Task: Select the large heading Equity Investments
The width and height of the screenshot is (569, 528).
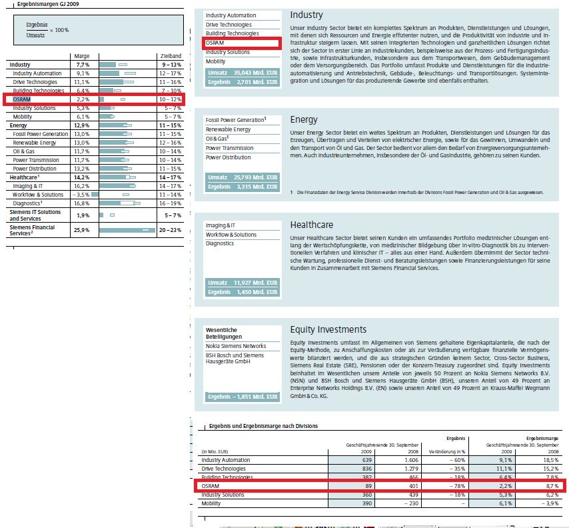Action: pos(328,329)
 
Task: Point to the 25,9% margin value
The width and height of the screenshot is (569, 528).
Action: pos(83,230)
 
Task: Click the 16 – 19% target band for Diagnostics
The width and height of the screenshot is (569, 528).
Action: pos(171,203)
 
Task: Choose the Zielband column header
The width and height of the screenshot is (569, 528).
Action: pos(170,57)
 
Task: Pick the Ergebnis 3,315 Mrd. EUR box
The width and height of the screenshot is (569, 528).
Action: pos(242,187)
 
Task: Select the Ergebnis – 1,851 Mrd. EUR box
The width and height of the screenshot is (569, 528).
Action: pos(242,397)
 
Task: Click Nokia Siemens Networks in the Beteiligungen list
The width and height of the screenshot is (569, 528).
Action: pos(236,346)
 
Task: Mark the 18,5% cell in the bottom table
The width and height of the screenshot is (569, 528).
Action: pos(549,460)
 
